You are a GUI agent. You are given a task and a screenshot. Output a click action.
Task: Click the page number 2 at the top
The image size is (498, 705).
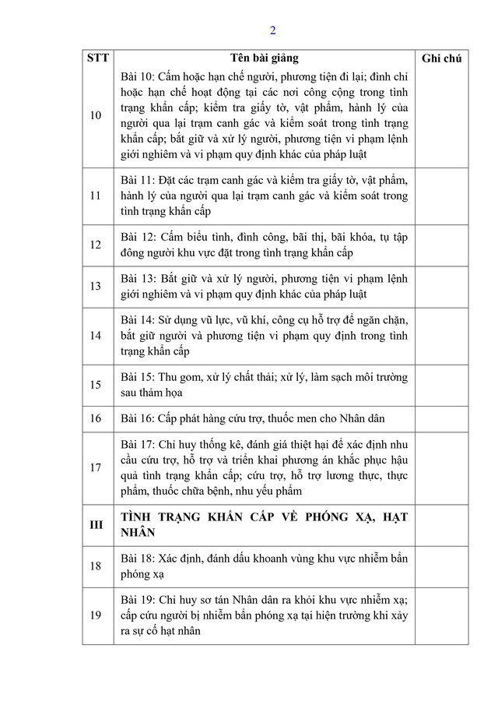272,31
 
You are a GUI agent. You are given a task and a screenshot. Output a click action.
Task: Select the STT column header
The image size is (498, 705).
98,58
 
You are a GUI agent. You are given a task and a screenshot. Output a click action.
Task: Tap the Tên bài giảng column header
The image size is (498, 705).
264,58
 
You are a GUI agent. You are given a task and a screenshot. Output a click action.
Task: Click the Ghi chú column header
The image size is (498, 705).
440,58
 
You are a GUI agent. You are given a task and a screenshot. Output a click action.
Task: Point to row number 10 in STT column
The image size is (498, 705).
96,115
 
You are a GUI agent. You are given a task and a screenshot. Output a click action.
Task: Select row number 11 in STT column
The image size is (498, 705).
96,196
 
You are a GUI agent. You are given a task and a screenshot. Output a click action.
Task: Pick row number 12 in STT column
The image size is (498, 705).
96,245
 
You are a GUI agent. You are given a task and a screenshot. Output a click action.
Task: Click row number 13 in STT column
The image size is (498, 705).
96,286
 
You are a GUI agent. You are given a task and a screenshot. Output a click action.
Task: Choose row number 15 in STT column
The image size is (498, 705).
96,385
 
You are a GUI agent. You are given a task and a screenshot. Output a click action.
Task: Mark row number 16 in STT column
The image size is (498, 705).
96,418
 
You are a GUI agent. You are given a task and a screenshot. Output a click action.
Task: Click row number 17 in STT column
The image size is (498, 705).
96,467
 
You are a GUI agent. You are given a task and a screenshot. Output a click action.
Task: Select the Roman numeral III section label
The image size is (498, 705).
96,525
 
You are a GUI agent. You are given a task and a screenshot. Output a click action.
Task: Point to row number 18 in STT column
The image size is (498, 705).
96,566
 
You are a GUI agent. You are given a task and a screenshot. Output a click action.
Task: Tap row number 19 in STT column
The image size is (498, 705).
96,615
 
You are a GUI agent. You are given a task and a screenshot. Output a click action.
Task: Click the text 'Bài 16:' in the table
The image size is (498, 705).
138,418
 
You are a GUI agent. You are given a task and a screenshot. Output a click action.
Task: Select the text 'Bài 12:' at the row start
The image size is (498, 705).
138,236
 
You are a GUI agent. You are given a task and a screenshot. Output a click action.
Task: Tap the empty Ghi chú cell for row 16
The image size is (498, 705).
440,418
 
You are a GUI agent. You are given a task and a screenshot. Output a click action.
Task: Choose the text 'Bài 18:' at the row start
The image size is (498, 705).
138,558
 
